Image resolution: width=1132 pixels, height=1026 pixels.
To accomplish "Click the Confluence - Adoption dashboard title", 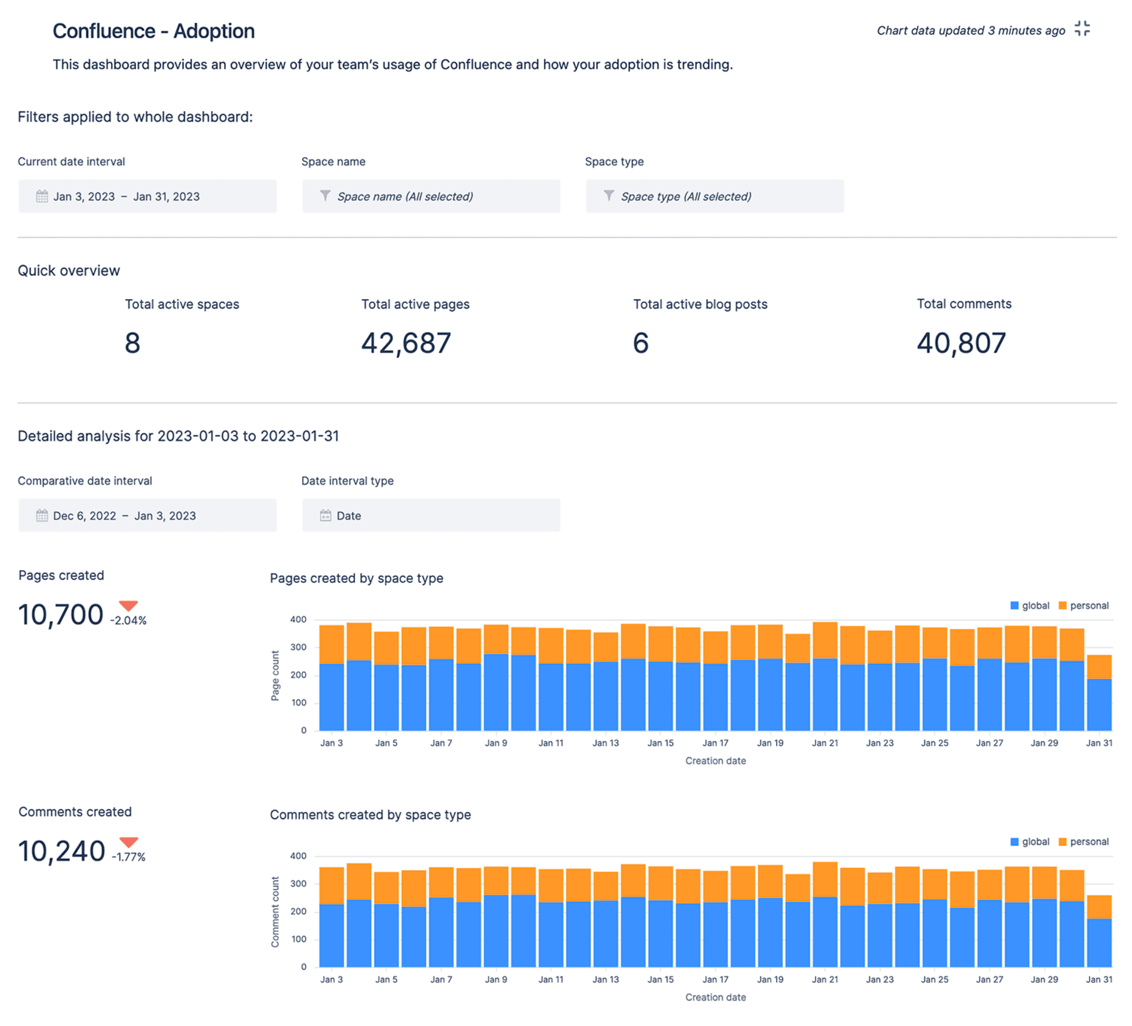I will (x=153, y=31).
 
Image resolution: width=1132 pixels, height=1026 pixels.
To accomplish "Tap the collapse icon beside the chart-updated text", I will (x=1082, y=29).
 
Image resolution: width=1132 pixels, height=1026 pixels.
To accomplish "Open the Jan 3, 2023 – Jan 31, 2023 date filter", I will (x=147, y=196).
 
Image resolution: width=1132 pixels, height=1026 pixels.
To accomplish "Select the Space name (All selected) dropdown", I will (x=431, y=196).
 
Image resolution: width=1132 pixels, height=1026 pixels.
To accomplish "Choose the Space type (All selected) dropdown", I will (x=714, y=196).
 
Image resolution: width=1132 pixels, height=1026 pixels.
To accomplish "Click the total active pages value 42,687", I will (x=405, y=343).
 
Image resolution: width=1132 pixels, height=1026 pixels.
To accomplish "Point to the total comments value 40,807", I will (x=961, y=343).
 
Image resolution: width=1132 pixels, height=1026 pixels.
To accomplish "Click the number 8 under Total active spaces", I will (x=133, y=343).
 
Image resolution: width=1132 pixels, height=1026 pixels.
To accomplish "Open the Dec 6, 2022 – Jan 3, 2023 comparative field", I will (x=147, y=515).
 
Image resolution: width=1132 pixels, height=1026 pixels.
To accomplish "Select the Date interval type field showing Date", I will (x=431, y=515).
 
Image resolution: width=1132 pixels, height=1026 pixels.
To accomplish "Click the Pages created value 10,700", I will (x=61, y=614).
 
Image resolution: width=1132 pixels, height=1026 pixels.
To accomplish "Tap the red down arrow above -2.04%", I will (x=129, y=606).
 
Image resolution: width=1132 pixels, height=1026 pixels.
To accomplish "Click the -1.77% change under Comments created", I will (x=129, y=857).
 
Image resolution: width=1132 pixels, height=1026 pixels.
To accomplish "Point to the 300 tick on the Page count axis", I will (x=298, y=647).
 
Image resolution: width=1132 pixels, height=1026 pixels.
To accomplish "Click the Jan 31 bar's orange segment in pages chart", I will (x=1099, y=667).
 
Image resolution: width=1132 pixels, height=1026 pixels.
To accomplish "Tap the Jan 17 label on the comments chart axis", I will (x=715, y=980).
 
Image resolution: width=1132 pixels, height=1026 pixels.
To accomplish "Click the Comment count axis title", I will (x=275, y=912).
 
